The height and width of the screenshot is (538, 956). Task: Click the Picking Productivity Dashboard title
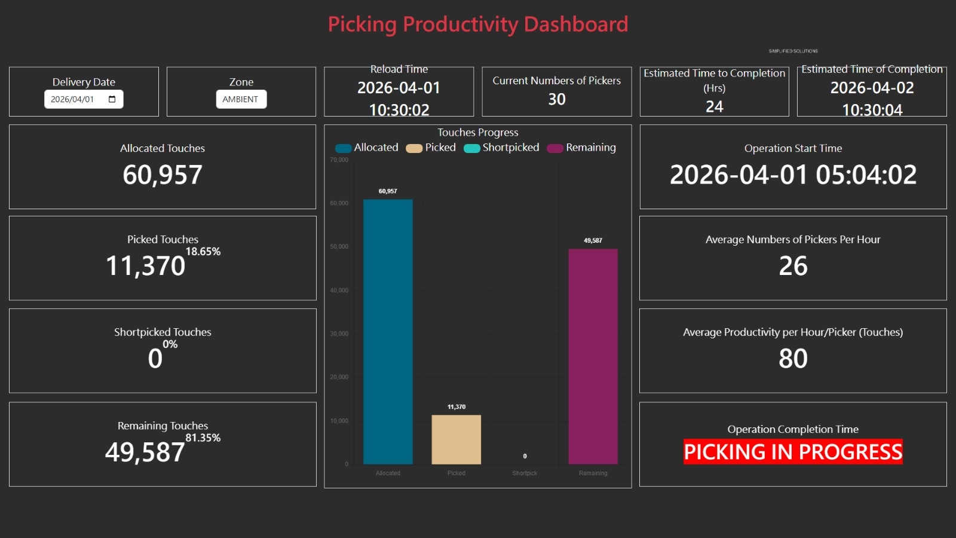[478, 25]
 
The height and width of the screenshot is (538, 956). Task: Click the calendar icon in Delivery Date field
[112, 99]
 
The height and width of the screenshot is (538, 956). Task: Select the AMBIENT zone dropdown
[241, 99]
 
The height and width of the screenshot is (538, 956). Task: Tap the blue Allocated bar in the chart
[388, 332]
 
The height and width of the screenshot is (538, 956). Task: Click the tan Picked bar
[456, 439]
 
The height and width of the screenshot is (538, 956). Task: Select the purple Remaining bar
[593, 356]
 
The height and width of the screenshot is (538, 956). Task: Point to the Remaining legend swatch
[555, 148]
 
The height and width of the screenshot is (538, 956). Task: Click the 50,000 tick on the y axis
[339, 246]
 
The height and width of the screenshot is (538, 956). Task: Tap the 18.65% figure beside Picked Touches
[203, 252]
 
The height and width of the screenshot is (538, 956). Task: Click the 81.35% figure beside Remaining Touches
[203, 438]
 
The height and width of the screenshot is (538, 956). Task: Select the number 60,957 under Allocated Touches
[163, 175]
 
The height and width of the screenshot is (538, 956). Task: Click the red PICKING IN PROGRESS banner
[793, 452]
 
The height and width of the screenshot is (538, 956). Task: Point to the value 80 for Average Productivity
[793, 359]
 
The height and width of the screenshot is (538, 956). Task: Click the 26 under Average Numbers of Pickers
[793, 266]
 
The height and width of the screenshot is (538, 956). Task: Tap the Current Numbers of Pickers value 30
[556, 99]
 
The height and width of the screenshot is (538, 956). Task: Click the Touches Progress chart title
[477, 133]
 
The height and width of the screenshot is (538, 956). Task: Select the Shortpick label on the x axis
[525, 473]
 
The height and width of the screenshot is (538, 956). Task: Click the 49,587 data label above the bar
[593, 240]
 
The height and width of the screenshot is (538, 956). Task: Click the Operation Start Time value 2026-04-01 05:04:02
[793, 175]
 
